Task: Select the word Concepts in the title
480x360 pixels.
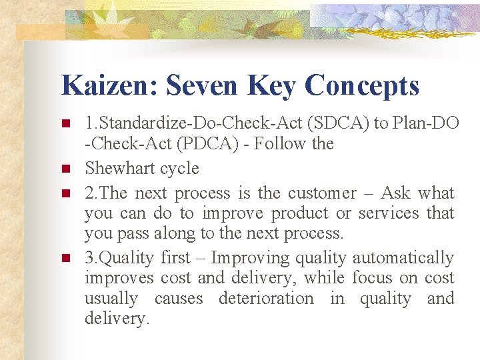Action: tap(362, 86)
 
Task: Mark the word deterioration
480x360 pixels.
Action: tap(266, 298)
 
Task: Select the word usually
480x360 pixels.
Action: tap(111, 299)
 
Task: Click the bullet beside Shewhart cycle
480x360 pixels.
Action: tap(65, 169)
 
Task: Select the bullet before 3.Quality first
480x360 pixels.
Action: tap(65, 258)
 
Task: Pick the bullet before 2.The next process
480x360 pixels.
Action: tap(65, 194)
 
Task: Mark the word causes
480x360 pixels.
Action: tap(178, 298)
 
